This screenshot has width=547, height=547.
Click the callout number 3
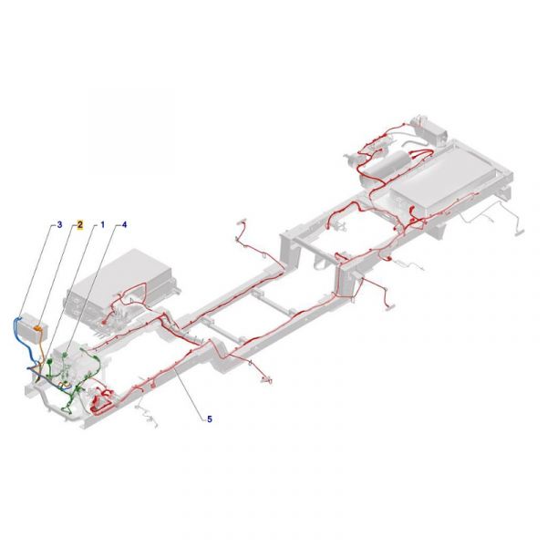59,224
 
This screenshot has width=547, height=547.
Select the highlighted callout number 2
80,224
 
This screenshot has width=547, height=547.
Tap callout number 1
102,224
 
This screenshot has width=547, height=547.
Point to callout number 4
125,224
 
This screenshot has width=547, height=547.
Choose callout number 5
210,419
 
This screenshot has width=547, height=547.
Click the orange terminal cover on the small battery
40,327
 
